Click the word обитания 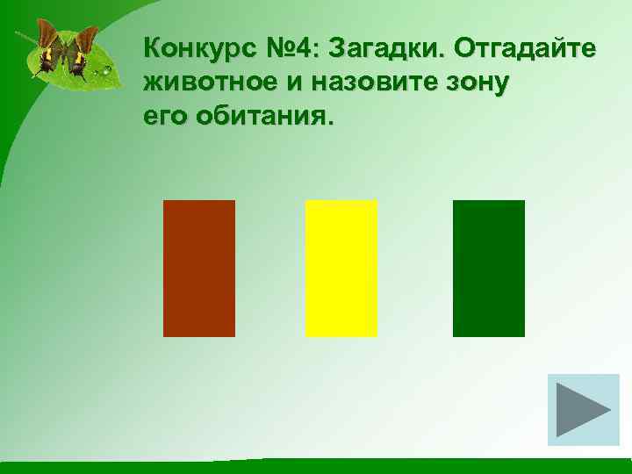tap(261, 117)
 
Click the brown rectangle tap(199, 269)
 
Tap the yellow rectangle tap(341, 269)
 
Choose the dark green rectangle tap(489, 269)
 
